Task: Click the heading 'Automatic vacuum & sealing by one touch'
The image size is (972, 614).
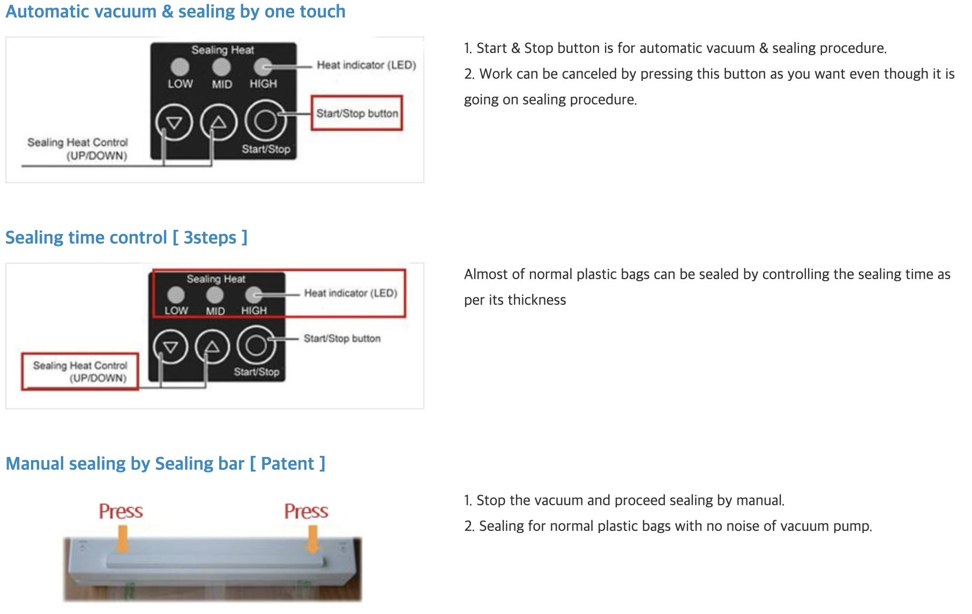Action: click(x=175, y=11)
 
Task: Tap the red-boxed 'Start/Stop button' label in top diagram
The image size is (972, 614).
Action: click(x=357, y=113)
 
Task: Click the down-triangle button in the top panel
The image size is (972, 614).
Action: click(x=174, y=123)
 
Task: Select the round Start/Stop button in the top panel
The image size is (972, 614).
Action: click(x=265, y=121)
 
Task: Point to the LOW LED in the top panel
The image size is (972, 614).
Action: click(x=180, y=67)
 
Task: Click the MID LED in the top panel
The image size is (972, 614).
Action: click(x=221, y=67)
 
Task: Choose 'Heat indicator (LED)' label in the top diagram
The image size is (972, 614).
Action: click(x=367, y=65)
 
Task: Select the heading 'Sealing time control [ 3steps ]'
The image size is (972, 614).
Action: click(x=126, y=237)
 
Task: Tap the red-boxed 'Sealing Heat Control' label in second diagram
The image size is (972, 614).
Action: click(x=80, y=371)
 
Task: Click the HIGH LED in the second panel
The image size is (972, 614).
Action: click(x=253, y=295)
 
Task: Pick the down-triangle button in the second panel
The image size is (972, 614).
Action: click(x=170, y=347)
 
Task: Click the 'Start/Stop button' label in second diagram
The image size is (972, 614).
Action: click(x=342, y=339)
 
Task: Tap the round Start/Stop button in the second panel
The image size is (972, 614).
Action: click(x=256, y=346)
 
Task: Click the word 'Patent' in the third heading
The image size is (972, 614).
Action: click(x=287, y=463)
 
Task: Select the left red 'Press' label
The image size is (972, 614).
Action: click(x=121, y=511)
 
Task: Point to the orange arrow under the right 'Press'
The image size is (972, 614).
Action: click(x=312, y=538)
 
